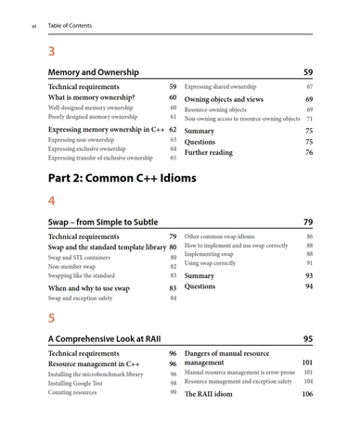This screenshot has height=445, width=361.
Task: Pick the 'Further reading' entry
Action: [x=213, y=152]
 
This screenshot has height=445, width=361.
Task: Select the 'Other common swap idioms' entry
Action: [x=224, y=237]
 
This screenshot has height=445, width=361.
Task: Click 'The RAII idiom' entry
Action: [x=209, y=394]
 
